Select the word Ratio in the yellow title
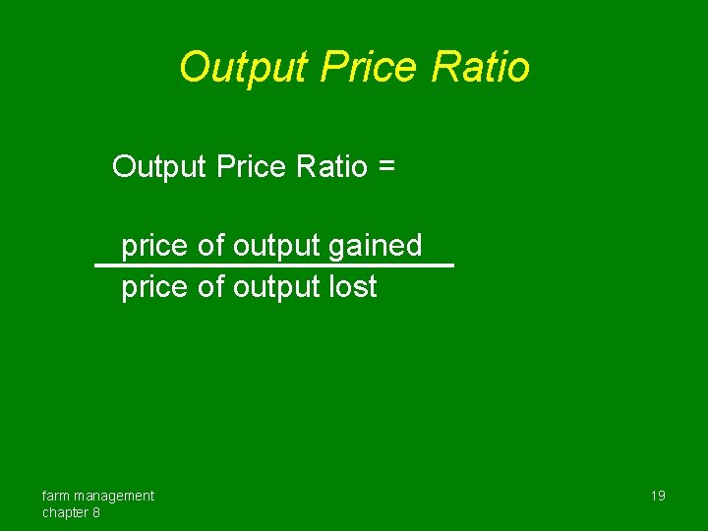coord(481,68)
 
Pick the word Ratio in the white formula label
coord(330,166)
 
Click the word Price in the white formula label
coord(250,166)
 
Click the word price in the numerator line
coord(154,246)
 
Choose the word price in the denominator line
coord(154,287)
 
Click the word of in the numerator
coord(210,246)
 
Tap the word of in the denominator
coord(210,287)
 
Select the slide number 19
coord(658,496)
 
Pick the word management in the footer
coord(115,496)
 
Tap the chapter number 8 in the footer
coord(95,512)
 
